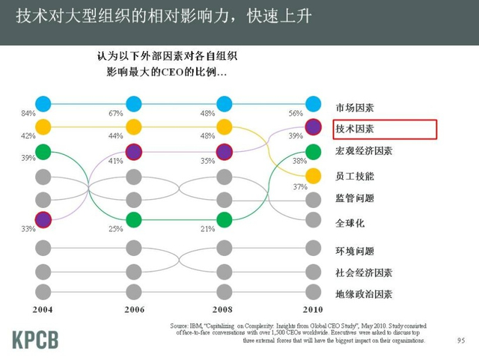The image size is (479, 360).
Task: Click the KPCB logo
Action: pyautogui.click(x=35, y=338)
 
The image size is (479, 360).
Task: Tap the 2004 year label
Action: pyautogui.click(x=43, y=309)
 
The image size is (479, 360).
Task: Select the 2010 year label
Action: pyautogui.click(x=314, y=309)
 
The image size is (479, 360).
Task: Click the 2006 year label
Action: pyautogui.click(x=133, y=309)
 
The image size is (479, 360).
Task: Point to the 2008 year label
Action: pyautogui.click(x=224, y=309)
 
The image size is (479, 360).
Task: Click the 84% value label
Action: pyautogui.click(x=28, y=113)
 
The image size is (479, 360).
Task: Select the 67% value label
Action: pyautogui.click(x=115, y=113)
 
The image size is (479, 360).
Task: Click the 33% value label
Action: pyautogui.click(x=28, y=229)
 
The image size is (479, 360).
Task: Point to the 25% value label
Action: pyautogui.click(x=115, y=229)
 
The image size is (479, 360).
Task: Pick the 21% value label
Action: pyautogui.click(x=206, y=229)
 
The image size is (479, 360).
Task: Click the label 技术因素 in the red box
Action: pyautogui.click(x=355, y=129)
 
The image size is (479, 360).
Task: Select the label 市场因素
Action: pyautogui.click(x=355, y=106)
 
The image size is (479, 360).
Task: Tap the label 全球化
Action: pyautogui.click(x=350, y=222)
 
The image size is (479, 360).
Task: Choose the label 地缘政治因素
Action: pyautogui.click(x=364, y=294)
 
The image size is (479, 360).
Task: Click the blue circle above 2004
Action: pyautogui.click(x=43, y=104)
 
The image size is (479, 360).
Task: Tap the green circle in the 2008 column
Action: pyautogui.click(x=224, y=220)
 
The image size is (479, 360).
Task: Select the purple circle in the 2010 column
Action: pyautogui.click(x=314, y=127)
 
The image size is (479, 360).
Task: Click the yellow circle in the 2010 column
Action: pyautogui.click(x=314, y=176)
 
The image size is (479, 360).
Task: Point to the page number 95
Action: pyautogui.click(x=460, y=341)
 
